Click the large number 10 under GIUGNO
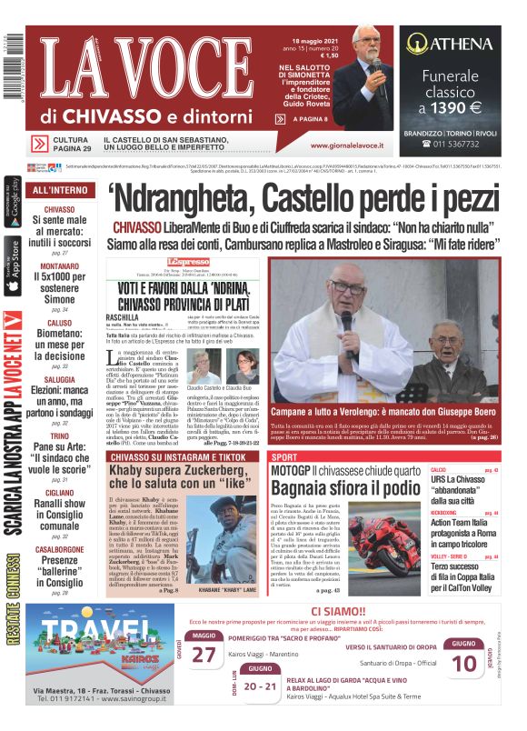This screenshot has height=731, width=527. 464,664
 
